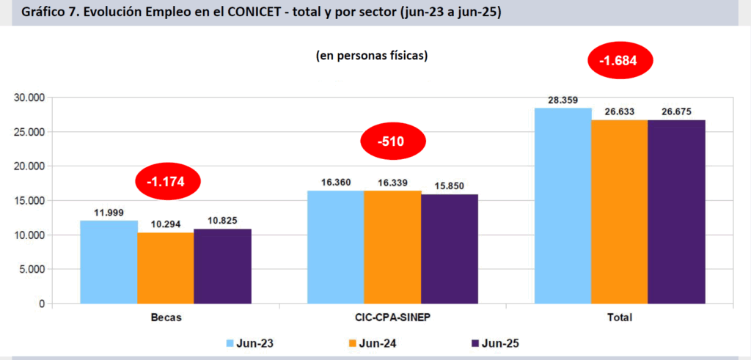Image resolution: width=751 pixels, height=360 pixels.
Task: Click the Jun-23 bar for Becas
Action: point(109,262)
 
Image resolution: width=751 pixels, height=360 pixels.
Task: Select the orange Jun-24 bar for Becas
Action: point(166,268)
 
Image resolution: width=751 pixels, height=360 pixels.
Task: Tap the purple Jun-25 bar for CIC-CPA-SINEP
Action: point(449,249)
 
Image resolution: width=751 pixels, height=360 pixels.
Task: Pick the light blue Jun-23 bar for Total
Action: point(563,205)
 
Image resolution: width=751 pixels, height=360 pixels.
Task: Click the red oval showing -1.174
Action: point(168,180)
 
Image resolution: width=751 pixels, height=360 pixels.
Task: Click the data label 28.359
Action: point(563,100)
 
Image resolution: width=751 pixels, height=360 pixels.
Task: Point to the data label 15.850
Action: point(449,185)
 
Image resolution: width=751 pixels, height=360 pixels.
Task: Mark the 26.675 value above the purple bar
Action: point(676,111)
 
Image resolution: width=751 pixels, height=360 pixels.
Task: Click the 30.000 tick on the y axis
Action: point(29,98)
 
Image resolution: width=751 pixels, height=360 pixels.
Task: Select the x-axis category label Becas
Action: point(166,317)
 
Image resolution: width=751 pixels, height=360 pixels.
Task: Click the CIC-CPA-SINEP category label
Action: point(393,317)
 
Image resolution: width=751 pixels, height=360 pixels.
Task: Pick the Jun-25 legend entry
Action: point(499,342)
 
